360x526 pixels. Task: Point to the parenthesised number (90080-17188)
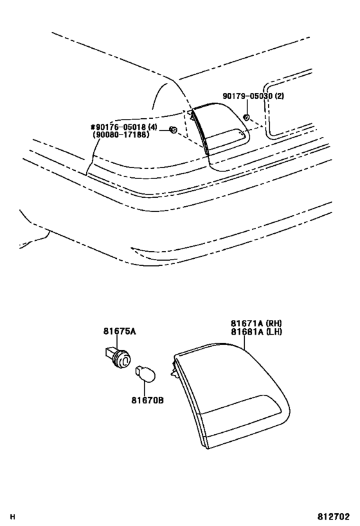[x=121, y=135]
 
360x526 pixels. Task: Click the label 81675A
[x=120, y=331]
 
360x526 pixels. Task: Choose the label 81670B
[x=147, y=400]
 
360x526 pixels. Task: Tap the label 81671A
[x=247, y=324]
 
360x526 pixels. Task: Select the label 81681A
[x=247, y=331]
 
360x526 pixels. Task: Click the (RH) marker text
[x=274, y=324]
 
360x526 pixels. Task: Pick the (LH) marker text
[x=274, y=331]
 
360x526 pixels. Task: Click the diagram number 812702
[x=334, y=516]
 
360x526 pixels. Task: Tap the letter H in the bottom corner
[x=13, y=516]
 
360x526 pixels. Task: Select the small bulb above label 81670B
[x=145, y=374]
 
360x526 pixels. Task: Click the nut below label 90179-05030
[x=246, y=118]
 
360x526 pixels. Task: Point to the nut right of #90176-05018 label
[x=174, y=130]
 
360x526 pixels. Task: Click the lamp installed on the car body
[x=219, y=128]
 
